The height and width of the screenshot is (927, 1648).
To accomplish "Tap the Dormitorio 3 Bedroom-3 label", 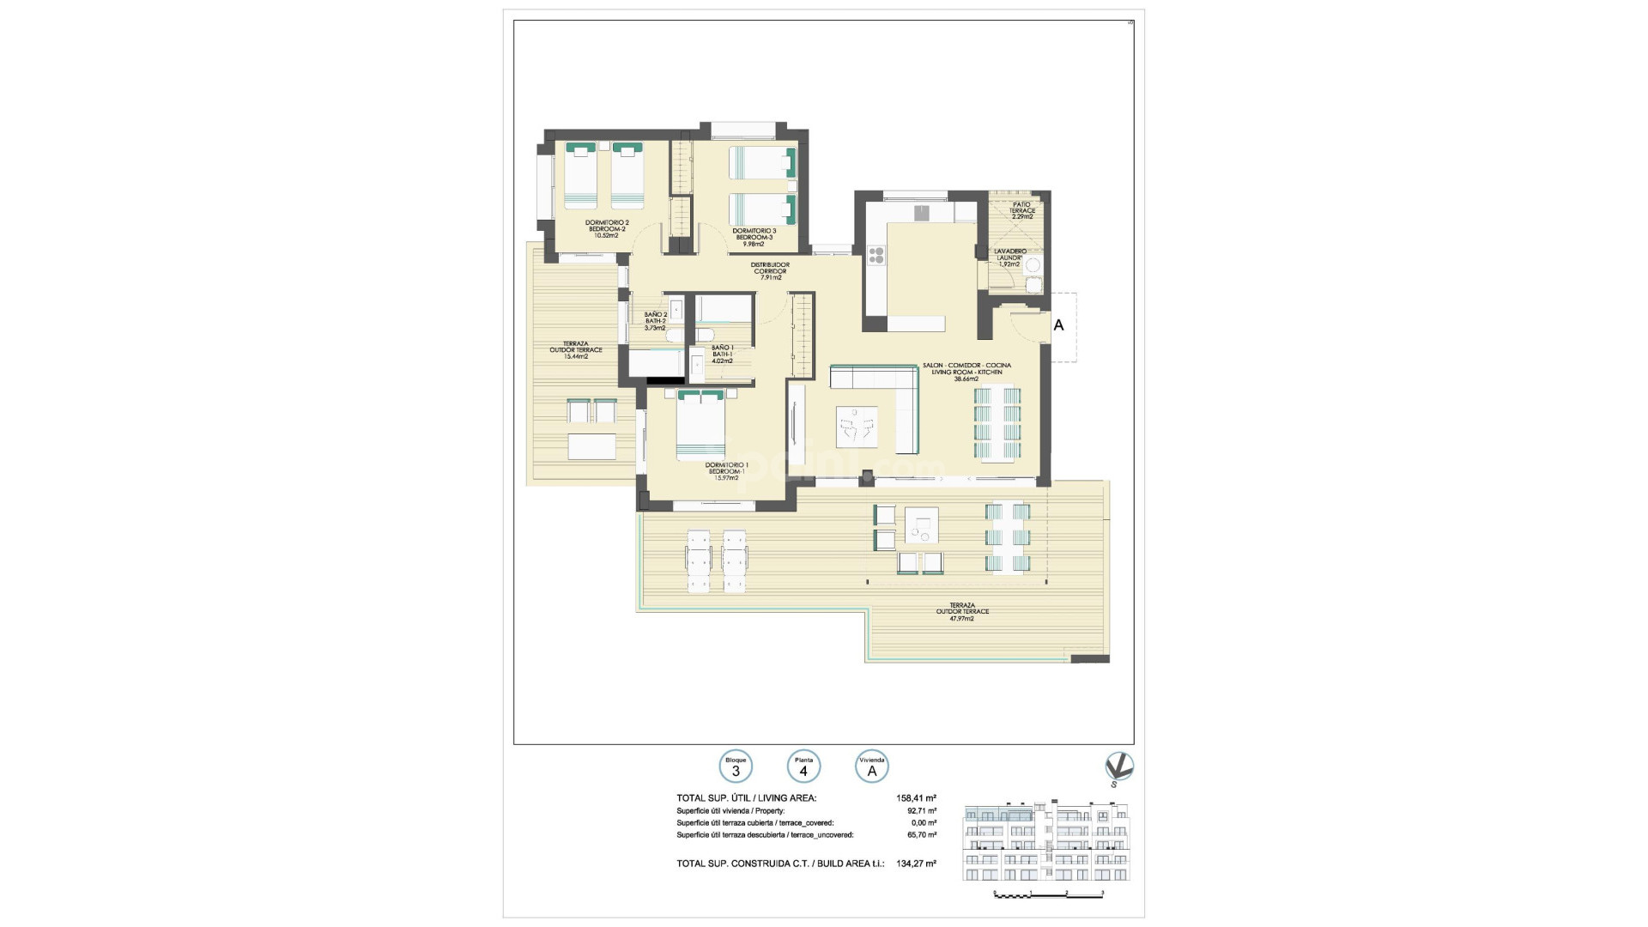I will pos(754,236).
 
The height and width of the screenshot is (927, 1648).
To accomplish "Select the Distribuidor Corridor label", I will pos(770,271).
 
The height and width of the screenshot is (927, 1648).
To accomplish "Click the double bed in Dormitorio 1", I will pos(701,426).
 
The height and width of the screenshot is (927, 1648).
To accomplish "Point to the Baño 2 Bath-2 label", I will pos(655,320).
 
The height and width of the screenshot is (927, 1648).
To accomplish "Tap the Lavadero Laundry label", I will pos(1009,257).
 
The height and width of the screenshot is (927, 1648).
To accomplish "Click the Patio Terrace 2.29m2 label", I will pos(1021,210).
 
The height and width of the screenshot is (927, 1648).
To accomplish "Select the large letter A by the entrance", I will pos(1058,325).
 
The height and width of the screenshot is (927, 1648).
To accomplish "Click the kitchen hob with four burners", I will pos(876,254).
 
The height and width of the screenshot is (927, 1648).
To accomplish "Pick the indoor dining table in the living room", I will pos(999,424).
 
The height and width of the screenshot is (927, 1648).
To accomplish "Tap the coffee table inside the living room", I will pos(857,426).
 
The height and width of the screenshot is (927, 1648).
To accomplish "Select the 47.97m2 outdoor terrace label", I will pos(961,611).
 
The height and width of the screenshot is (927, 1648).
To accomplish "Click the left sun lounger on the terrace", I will pos(698,560).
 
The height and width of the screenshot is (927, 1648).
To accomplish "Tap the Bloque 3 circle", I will pos(736,766).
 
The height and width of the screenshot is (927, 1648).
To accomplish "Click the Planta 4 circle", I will pos(803,766).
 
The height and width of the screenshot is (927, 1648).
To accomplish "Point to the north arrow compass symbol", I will pos(1119,767).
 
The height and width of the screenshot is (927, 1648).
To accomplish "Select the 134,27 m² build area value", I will pos(917,863).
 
